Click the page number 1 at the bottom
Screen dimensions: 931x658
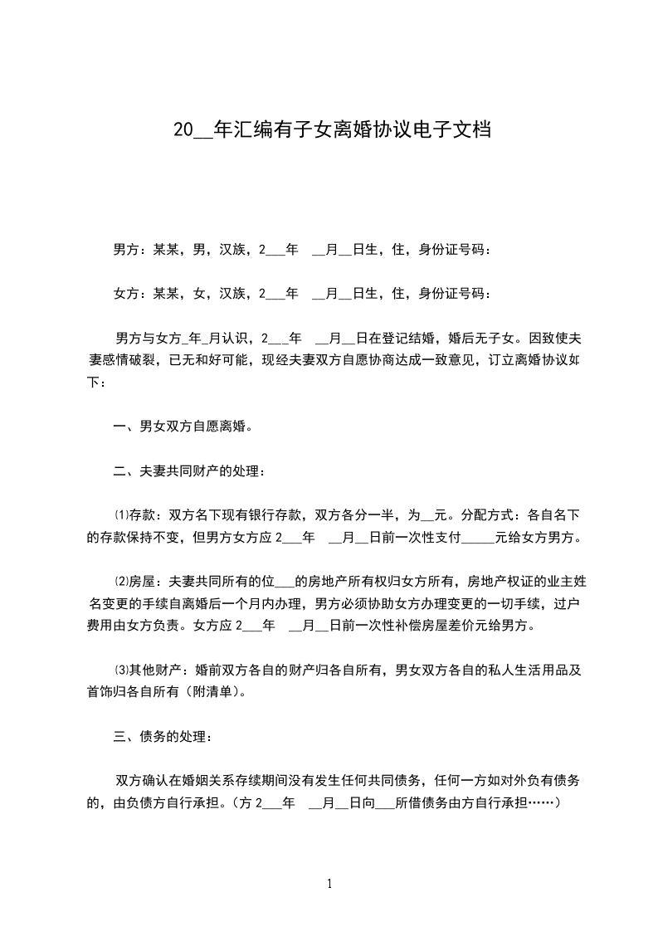click(329, 884)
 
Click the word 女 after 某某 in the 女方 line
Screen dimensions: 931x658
click(198, 293)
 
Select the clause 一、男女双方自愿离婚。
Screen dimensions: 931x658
click(182, 427)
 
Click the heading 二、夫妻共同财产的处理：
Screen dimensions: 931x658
click(191, 471)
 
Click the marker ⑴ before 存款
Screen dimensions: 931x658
click(120, 515)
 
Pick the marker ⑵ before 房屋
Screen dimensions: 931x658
click(120, 582)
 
